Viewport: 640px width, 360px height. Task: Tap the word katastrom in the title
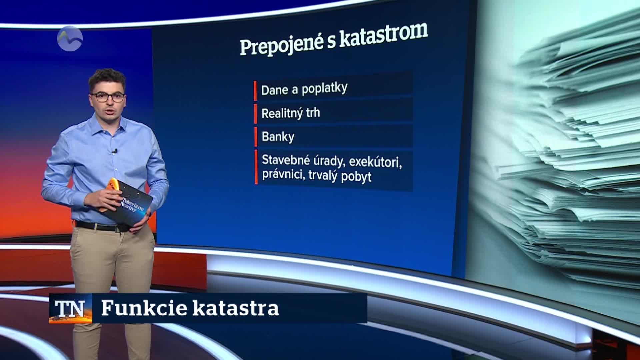(x=383, y=36)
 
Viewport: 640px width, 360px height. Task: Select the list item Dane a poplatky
(x=304, y=89)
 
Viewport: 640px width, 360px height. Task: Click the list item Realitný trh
(x=291, y=113)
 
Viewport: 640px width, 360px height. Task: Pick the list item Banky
(x=278, y=137)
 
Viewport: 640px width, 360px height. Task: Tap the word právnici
(x=283, y=175)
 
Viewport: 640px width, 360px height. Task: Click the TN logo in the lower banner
(x=70, y=308)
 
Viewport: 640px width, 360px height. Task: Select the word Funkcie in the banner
(x=144, y=308)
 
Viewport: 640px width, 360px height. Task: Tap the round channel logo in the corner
(x=70, y=39)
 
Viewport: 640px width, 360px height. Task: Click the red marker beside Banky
(x=256, y=137)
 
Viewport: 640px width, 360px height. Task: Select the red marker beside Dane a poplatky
(x=255, y=90)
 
